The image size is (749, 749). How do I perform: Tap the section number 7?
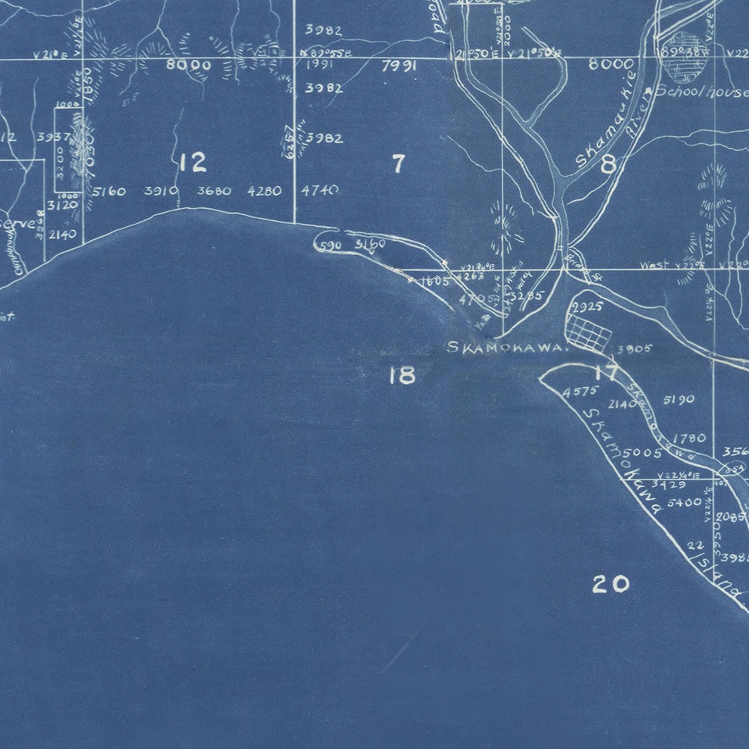coord(397,164)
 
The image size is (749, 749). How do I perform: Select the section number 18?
coord(402,375)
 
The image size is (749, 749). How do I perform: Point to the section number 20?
coord(610,583)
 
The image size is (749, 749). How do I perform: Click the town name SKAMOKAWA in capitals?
coord(508,348)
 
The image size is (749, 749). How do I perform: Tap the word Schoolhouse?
coord(702,92)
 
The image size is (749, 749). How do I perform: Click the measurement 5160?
coord(109,191)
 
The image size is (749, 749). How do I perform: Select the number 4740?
coord(320,190)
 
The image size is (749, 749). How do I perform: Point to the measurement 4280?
coord(264,191)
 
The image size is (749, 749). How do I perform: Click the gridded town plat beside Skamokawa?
coord(588,331)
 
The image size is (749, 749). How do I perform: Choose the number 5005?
coord(643,453)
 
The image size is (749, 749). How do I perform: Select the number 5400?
coord(684,502)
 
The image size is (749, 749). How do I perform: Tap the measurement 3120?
coord(63,205)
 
